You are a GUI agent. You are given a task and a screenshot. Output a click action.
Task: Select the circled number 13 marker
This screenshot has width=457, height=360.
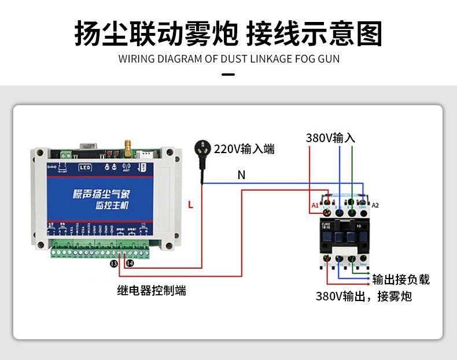point(114,264)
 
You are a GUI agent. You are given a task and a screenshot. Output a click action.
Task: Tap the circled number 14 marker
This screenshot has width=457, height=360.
point(130,263)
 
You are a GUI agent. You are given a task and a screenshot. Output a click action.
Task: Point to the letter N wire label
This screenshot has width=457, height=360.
point(241,175)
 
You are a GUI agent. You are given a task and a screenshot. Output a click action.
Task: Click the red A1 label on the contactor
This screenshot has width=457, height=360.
point(315,205)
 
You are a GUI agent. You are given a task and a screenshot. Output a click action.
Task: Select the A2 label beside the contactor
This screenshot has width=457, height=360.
point(375,205)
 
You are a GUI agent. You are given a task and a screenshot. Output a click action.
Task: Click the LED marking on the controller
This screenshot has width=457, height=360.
point(84,168)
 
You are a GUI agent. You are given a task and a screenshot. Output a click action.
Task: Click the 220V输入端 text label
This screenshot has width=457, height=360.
point(244,149)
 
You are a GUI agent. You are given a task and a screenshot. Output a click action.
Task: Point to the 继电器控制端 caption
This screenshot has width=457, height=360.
point(152,291)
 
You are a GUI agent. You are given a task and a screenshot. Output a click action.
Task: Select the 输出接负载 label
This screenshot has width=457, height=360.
point(401,280)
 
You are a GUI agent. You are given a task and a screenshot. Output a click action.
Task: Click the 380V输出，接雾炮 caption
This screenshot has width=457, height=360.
point(364,296)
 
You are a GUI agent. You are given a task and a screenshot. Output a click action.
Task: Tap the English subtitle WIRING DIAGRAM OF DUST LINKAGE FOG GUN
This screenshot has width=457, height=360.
point(228,58)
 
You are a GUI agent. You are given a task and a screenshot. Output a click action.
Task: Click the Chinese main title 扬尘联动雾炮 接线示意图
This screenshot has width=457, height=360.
point(228,34)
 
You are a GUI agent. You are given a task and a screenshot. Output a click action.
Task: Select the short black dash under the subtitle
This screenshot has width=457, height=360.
point(228,75)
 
